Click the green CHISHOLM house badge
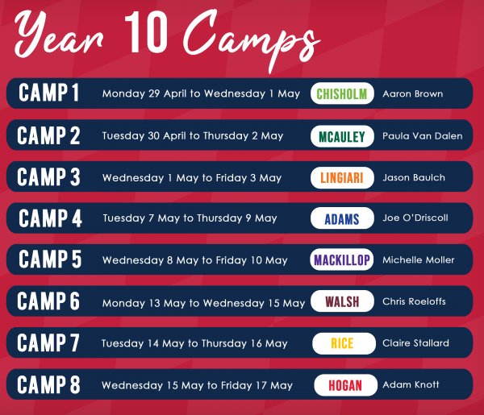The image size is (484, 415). click(x=342, y=93)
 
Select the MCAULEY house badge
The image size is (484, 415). click(x=342, y=136)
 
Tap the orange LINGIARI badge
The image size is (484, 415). click(x=342, y=177)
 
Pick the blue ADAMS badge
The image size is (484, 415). click(x=342, y=218)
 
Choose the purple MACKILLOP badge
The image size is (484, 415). click(x=342, y=259)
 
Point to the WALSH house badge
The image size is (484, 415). click(x=342, y=301)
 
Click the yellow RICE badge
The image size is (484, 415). click(x=344, y=343)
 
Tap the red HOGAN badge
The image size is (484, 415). click(x=346, y=385)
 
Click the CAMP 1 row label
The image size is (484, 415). click(x=48, y=93)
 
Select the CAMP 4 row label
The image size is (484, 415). click(x=50, y=218)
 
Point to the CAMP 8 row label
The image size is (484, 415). click(x=48, y=384)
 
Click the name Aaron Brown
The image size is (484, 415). click(x=413, y=93)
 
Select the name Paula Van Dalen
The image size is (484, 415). click(x=423, y=136)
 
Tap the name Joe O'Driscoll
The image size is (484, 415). click(x=415, y=218)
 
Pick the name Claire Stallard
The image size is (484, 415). click(x=415, y=342)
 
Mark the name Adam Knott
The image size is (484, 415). click(x=411, y=384)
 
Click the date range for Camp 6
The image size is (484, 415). click(x=204, y=303)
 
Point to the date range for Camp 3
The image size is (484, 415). click(x=192, y=178)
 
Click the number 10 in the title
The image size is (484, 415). click(x=146, y=32)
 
